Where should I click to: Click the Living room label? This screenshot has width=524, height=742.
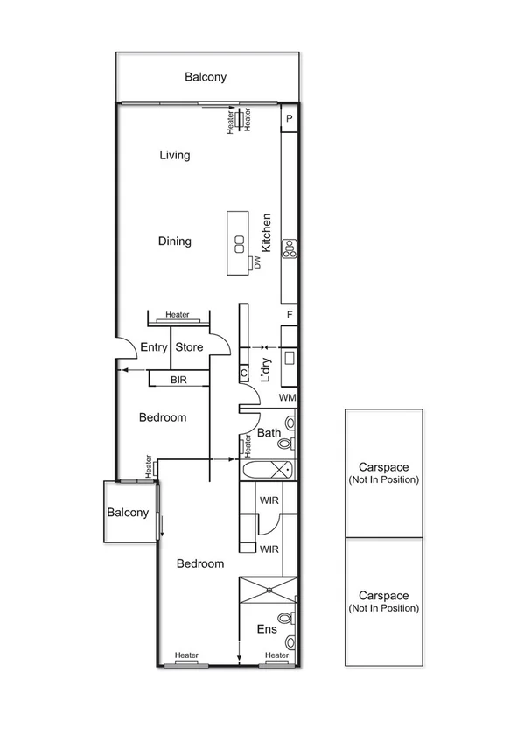pyautogui.click(x=174, y=155)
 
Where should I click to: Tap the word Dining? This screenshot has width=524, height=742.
pyautogui.click(x=174, y=241)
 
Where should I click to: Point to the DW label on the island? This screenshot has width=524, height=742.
pyautogui.click(x=258, y=262)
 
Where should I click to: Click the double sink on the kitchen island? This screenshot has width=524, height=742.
pyautogui.click(x=237, y=242)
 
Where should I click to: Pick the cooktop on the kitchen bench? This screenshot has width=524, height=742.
pyautogui.click(x=290, y=248)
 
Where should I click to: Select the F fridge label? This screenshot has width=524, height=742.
pyautogui.click(x=289, y=314)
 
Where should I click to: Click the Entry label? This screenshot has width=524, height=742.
pyautogui.click(x=154, y=347)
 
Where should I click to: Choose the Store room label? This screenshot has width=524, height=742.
pyautogui.click(x=189, y=347)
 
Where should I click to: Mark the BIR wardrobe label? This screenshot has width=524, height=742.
pyautogui.click(x=178, y=380)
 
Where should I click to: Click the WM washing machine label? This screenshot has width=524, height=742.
pyautogui.click(x=288, y=398)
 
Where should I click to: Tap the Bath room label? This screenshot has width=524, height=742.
pyautogui.click(x=268, y=432)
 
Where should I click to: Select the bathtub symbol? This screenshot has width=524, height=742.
pyautogui.click(x=268, y=470)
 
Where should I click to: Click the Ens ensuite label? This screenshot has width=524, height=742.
pyautogui.click(x=268, y=628)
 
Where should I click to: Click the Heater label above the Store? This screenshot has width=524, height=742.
pyautogui.click(x=178, y=315)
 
